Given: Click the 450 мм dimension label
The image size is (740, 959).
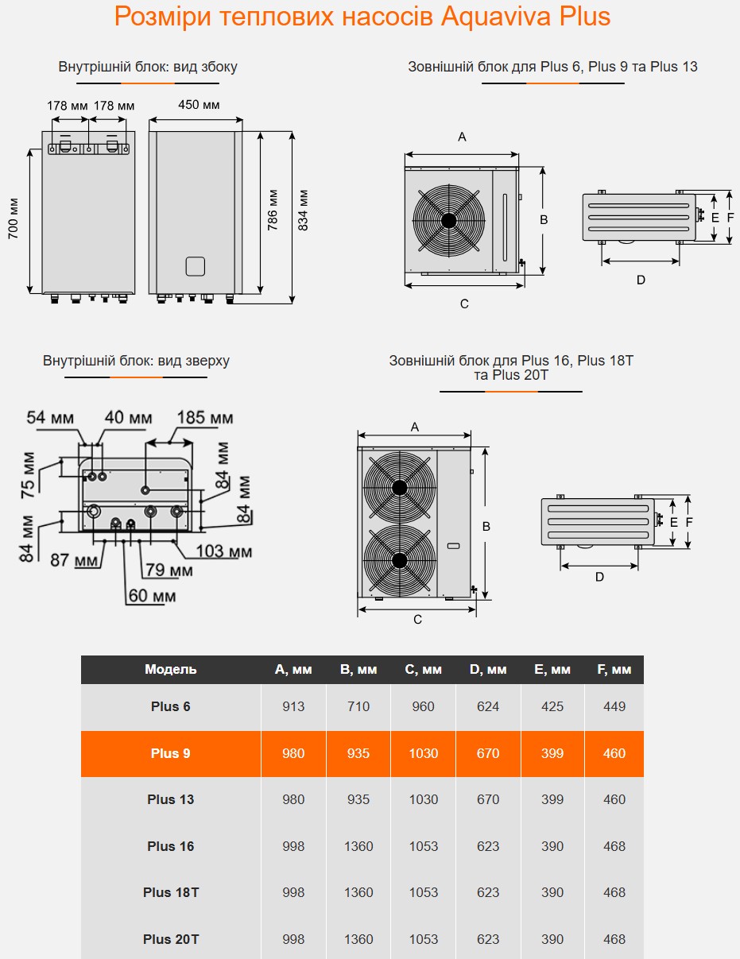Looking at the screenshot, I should tap(198, 106).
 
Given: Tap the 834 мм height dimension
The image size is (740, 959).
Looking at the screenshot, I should tap(303, 210).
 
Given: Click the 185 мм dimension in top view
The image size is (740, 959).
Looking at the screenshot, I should tap(204, 418).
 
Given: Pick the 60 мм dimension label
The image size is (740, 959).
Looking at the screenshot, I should tap(153, 595).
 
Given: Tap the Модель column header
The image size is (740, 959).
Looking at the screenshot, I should tap(171, 670).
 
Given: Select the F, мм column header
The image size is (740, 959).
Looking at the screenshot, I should tap(614, 670).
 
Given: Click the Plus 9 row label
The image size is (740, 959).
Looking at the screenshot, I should tap(171, 753).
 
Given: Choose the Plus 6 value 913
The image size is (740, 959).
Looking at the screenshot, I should tap(293, 706).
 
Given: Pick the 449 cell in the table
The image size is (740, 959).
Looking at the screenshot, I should tap(614, 706).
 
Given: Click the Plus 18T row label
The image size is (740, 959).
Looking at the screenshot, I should tap(171, 892).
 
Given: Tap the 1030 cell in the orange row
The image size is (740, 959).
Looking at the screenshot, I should tap(424, 753).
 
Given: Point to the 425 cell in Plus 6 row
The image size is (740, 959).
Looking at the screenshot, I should tap(552, 706).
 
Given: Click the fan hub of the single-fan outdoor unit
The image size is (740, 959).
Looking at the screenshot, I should tap(448, 220).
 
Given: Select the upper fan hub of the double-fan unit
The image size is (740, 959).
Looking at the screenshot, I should tap(399, 488).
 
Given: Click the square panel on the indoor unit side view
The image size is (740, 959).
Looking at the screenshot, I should tap(196, 266).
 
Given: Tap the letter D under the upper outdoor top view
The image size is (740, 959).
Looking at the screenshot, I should tap(641, 280).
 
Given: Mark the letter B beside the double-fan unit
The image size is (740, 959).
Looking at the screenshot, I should tap(486, 526).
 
